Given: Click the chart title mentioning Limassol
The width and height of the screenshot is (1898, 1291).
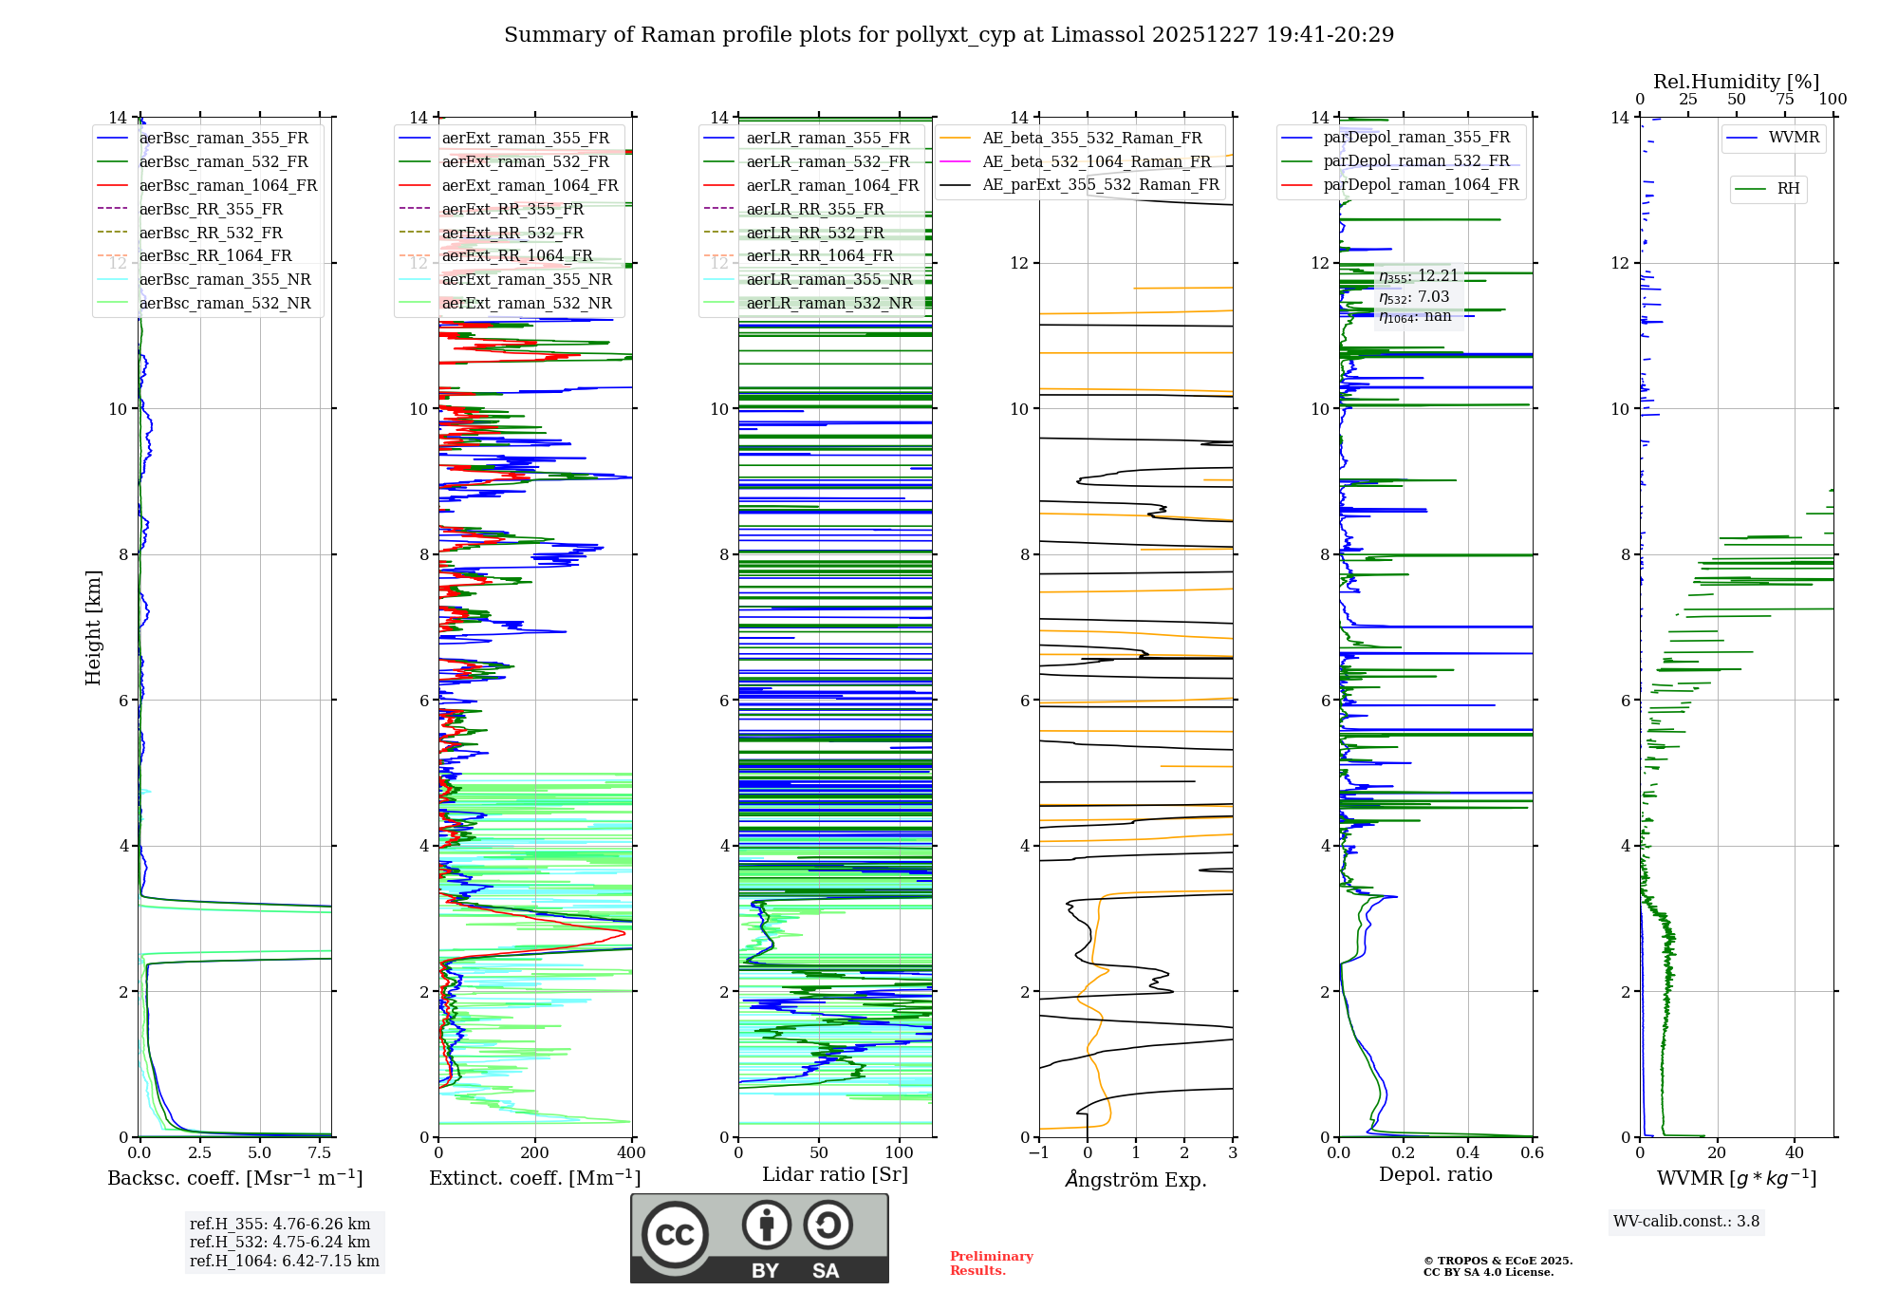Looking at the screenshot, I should point(949,35).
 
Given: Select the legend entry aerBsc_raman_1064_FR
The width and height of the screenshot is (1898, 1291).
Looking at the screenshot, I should point(228,186).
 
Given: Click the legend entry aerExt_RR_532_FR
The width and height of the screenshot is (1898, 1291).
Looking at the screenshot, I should point(512,234).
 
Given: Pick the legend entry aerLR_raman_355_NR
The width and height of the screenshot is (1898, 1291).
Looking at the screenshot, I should point(828,280).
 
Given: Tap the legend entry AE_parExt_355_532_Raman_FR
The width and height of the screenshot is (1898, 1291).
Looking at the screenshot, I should point(1100,185).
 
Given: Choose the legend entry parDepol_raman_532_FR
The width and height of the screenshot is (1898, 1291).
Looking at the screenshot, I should point(1416,161).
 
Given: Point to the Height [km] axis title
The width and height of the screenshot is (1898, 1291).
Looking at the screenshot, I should point(93,627).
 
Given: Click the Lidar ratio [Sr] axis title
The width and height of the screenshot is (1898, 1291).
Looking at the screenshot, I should point(835,1174).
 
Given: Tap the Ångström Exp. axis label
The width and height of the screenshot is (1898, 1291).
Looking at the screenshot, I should point(1136,1180).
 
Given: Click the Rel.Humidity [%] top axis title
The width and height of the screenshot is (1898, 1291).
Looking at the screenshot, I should point(1736,82).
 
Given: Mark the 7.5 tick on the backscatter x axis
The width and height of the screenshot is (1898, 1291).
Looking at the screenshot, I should point(320,1153).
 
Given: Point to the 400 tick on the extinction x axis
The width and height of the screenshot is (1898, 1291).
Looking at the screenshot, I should point(631,1153).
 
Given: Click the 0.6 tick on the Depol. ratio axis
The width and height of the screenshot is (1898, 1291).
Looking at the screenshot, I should point(1532,1153).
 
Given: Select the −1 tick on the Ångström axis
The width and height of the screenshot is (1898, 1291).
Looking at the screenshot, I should point(1038,1153).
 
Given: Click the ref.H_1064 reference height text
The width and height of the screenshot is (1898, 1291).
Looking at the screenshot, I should point(284,1262).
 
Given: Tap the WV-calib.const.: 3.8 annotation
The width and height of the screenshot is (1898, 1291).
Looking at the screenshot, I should point(1686,1222).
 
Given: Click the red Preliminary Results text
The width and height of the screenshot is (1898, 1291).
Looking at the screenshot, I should point(991,1263).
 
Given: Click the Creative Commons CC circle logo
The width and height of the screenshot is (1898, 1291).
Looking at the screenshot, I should point(675,1235).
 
